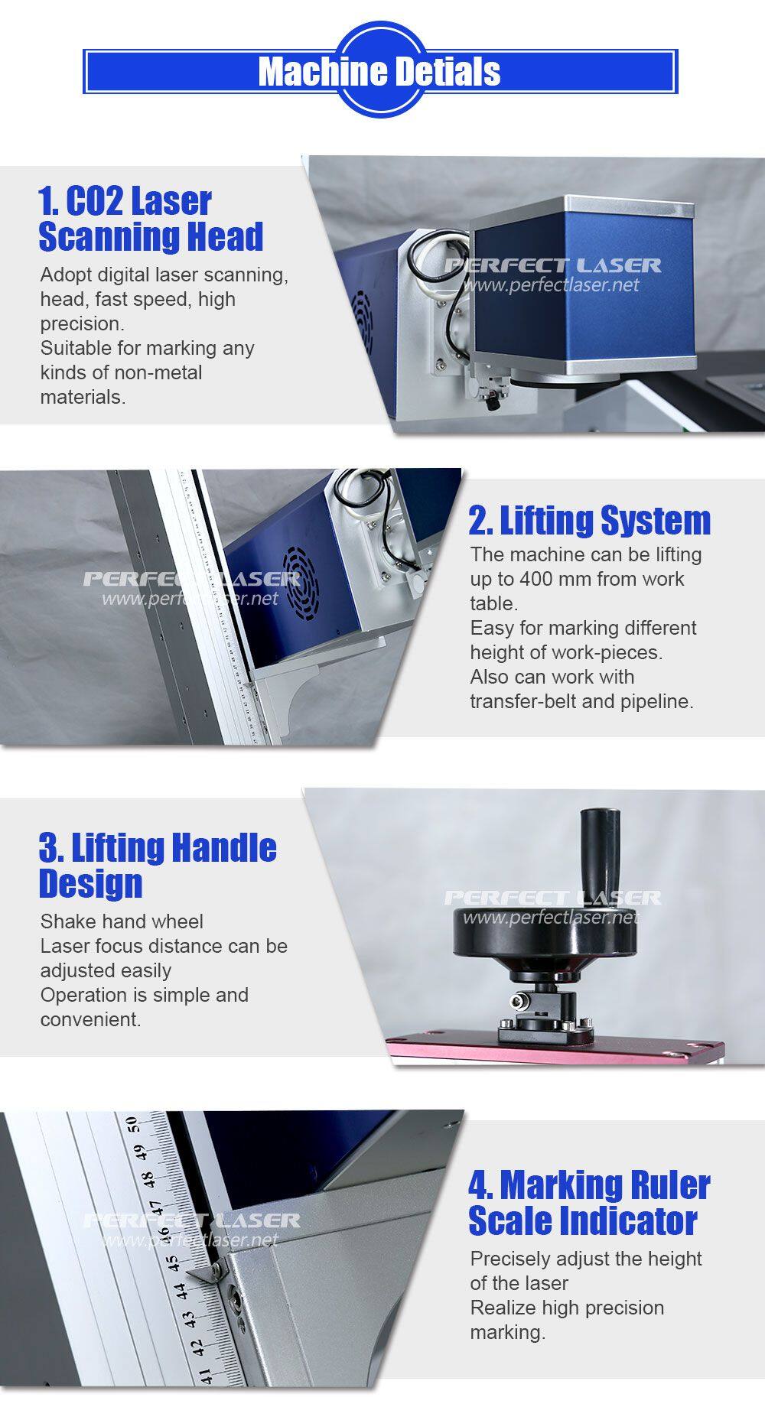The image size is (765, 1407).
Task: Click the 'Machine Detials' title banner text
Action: tap(379, 72)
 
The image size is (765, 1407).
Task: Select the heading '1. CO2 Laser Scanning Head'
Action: tap(151, 219)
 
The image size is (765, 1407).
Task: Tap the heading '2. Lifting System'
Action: tap(590, 521)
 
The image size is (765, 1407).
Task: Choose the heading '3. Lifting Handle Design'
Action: tap(158, 866)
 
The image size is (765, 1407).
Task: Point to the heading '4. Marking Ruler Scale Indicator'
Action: tap(589, 1203)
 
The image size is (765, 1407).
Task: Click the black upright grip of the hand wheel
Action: tap(600, 846)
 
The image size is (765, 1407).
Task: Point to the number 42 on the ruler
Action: tap(197, 1347)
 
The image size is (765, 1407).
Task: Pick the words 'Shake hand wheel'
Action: tap(122, 921)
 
